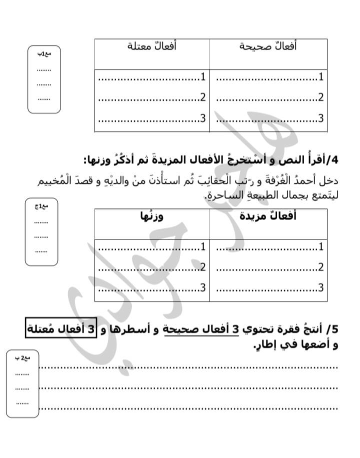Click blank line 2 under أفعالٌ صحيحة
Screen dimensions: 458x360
(x=269, y=98)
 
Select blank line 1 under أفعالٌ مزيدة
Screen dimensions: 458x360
(x=269, y=247)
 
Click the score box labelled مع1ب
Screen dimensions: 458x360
(x=44, y=80)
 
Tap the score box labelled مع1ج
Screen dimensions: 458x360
(x=42, y=232)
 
